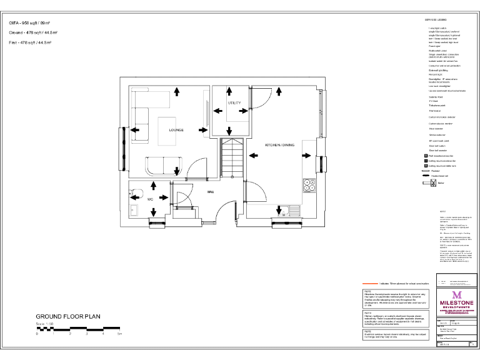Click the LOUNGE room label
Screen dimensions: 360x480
pos(176,129)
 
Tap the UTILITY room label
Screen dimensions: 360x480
pos(234,102)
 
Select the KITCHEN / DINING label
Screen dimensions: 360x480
pos(279,144)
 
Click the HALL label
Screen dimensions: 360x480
pos(211,192)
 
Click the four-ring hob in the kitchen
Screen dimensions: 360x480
pos(309,185)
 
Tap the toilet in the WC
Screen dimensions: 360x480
pos(138,192)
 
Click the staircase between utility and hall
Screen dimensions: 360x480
pos(231,159)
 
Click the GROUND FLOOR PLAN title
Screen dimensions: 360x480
pos(67,317)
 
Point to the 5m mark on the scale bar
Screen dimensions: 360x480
pos(119,334)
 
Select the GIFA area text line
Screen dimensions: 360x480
pos(30,22)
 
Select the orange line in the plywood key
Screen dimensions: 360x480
pos(379,283)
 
